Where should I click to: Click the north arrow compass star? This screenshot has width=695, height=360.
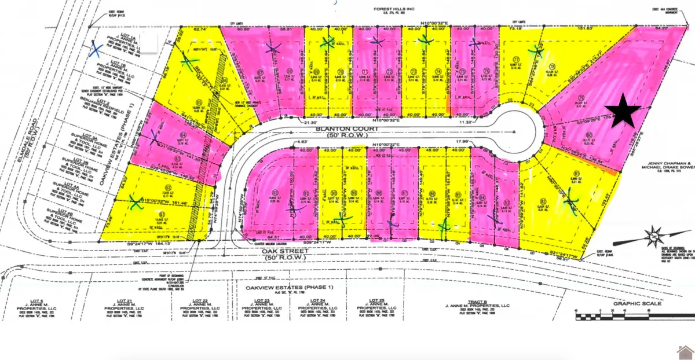coord(653,236)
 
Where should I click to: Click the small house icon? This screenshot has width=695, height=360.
coord(684,351)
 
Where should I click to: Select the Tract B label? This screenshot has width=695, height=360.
coord(476,301)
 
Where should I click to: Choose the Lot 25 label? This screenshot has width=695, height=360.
coord(371,301)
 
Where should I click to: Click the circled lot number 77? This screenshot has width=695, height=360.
coord(514,59)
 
